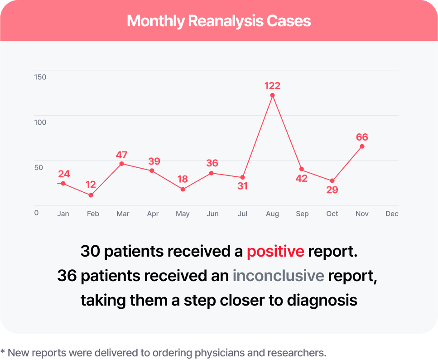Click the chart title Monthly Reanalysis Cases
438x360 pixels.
click(x=219, y=21)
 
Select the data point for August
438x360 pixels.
click(x=272, y=95)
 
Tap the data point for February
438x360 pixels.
click(x=91, y=195)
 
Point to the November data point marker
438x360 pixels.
click(x=362, y=146)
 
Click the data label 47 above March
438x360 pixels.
click(x=121, y=155)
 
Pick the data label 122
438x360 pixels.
click(x=272, y=86)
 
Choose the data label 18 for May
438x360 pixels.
click(x=183, y=179)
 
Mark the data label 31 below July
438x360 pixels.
click(x=242, y=186)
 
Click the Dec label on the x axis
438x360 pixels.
click(x=392, y=214)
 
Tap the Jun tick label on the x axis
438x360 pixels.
click(x=212, y=214)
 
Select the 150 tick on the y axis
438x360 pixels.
click(x=40, y=77)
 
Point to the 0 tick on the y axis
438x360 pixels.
click(x=36, y=213)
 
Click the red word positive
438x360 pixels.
click(x=275, y=251)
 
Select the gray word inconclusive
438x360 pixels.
click(x=278, y=276)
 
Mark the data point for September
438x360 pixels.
click(x=302, y=169)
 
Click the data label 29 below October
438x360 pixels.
click(x=332, y=190)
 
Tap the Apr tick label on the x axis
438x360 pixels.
click(x=153, y=214)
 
